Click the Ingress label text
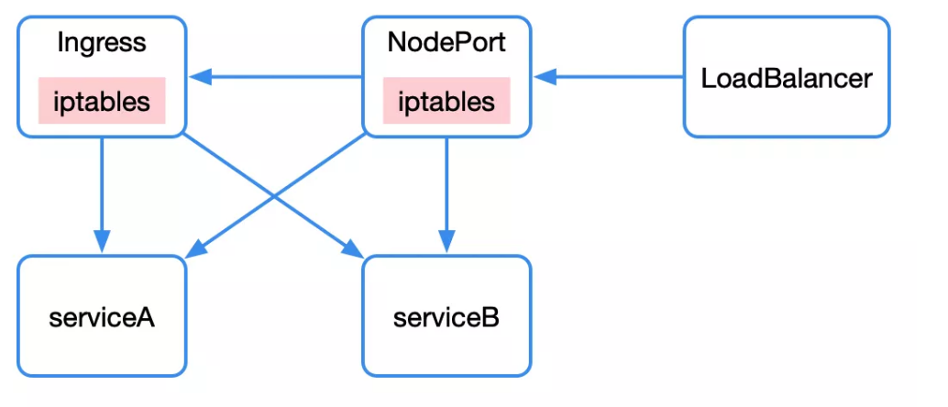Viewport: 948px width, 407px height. click(x=101, y=42)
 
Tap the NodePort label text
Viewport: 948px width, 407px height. click(x=446, y=42)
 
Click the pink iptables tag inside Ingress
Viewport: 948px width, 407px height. click(x=101, y=101)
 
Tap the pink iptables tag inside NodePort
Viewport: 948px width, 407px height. click(x=446, y=101)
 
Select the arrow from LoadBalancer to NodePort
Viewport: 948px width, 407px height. click(x=614, y=77)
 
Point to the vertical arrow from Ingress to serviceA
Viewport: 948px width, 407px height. click(x=101, y=192)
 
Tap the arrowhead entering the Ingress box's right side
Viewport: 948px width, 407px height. click(x=196, y=77)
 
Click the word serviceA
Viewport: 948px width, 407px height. click(x=101, y=318)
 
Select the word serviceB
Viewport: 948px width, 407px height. click(x=446, y=318)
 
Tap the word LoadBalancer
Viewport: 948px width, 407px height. click(x=786, y=78)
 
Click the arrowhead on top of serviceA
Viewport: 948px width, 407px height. click(x=101, y=247)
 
